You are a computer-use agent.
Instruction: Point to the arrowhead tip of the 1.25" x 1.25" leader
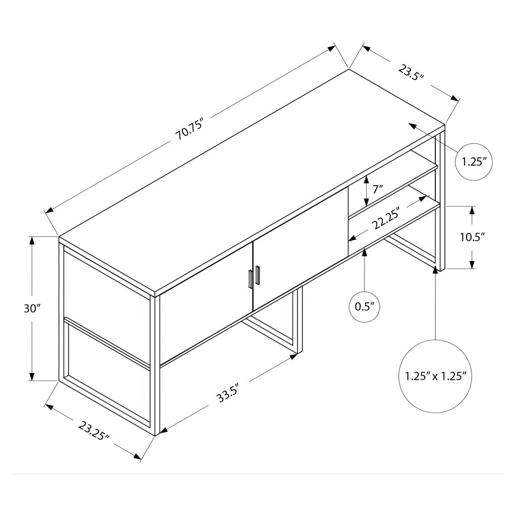pyautogui.click(x=436, y=265)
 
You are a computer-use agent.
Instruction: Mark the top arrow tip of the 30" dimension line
pyautogui.click(x=32, y=237)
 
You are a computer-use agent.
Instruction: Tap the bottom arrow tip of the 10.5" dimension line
pyautogui.click(x=472, y=269)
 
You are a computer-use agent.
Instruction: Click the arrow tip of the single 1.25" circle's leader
pyautogui.click(x=408, y=123)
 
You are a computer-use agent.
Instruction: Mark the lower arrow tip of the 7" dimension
pyautogui.click(x=366, y=206)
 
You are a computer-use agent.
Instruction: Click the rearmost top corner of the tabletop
pyautogui.click(x=349, y=69)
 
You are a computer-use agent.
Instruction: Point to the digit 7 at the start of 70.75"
pyautogui.click(x=178, y=135)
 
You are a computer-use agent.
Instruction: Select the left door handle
pyautogui.click(x=250, y=279)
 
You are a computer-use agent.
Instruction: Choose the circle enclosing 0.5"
pyautogui.click(x=365, y=306)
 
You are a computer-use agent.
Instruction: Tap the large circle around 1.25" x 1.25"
pyautogui.click(x=436, y=376)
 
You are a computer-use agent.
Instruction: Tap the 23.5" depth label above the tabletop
pyautogui.click(x=410, y=73)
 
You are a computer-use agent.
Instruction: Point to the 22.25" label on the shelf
pyautogui.click(x=386, y=218)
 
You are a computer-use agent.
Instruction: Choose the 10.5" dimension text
pyautogui.click(x=473, y=237)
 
